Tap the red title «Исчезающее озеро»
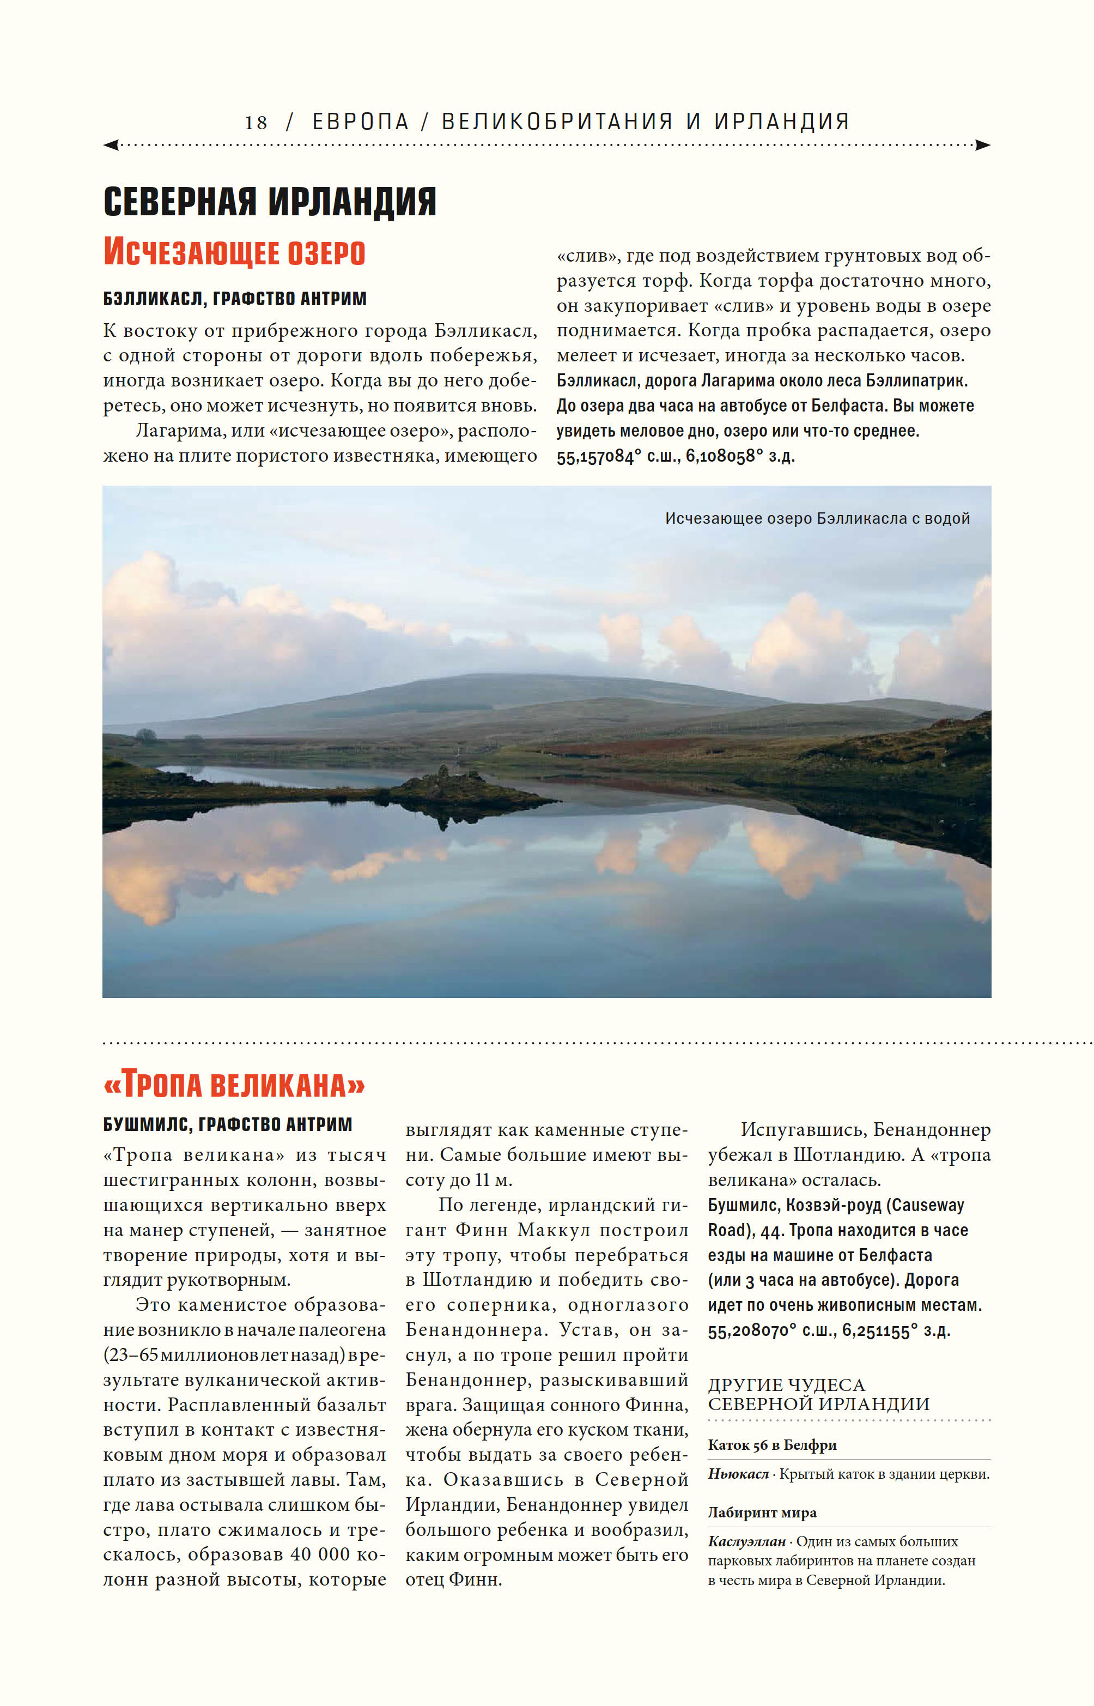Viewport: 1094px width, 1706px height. click(x=234, y=252)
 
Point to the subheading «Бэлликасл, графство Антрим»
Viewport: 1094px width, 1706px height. click(x=234, y=299)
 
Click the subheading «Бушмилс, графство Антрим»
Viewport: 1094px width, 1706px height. click(x=227, y=1124)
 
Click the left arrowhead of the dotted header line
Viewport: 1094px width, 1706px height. click(x=111, y=145)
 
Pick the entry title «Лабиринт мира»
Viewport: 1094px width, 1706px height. click(x=762, y=1512)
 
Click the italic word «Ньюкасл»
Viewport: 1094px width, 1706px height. click(x=738, y=1474)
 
